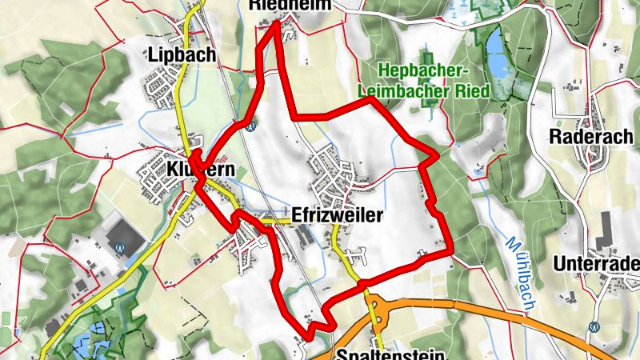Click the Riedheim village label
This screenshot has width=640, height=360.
pyautogui.click(x=281, y=5)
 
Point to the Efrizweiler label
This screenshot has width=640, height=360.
pyautogui.click(x=338, y=215)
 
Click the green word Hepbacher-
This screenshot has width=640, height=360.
pyautogui.click(x=423, y=71)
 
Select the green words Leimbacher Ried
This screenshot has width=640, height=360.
pyautogui.click(x=424, y=91)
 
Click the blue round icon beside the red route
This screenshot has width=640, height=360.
pyautogui.click(x=250, y=125)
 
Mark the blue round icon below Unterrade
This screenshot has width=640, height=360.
pyautogui.click(x=594, y=326)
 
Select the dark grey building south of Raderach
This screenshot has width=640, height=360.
pyautogui.click(x=604, y=230)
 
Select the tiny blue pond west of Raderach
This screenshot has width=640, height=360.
pyautogui.click(x=478, y=170)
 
